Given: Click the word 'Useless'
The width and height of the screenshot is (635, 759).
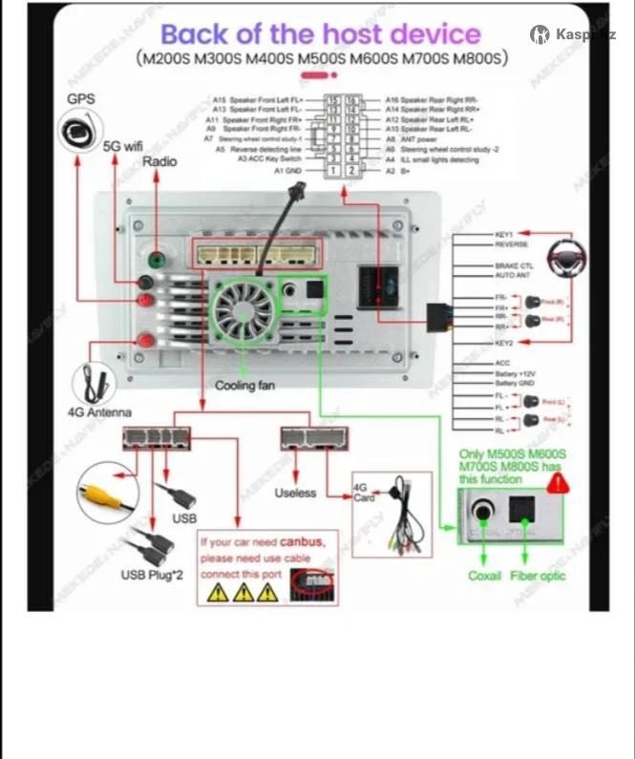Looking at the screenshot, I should click(x=295, y=493).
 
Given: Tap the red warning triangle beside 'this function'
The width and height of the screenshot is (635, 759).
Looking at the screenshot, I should click(x=554, y=482).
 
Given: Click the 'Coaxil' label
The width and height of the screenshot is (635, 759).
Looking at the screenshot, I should click(x=485, y=576).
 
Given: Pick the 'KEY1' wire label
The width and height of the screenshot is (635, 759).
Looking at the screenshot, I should click(x=504, y=234).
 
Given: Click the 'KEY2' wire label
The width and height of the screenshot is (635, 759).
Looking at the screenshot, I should click(x=504, y=341).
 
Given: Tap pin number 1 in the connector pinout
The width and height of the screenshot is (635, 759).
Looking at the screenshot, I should click(x=333, y=170).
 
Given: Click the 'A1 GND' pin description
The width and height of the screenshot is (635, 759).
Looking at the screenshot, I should click(x=289, y=170).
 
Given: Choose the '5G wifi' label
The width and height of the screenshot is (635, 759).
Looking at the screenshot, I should click(x=122, y=147).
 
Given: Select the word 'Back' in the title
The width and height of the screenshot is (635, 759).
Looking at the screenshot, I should click(x=196, y=35).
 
